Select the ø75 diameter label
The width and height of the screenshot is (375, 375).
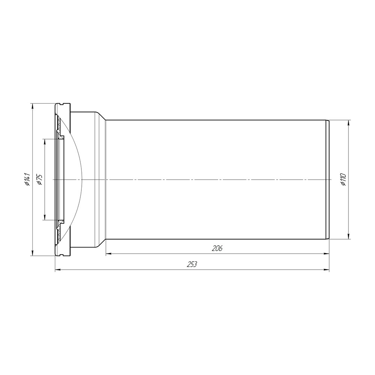pyautogui.click(x=39, y=179)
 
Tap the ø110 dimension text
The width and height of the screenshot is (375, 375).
pyautogui.click(x=343, y=179)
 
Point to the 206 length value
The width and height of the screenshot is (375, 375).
pyautogui.click(x=217, y=249)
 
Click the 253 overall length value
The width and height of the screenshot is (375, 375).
pyautogui.click(x=192, y=264)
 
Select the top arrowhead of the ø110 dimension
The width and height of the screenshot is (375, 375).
pyautogui.click(x=348, y=123)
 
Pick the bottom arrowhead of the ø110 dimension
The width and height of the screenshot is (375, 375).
pyautogui.click(x=348, y=236)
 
